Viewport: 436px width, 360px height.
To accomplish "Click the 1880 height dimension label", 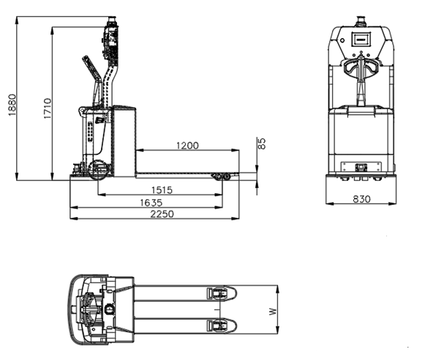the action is (x=12, y=105).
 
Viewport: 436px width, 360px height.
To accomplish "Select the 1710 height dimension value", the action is (x=48, y=108).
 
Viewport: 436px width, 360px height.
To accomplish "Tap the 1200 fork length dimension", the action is (x=188, y=146).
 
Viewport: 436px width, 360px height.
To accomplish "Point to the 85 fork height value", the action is (x=262, y=144).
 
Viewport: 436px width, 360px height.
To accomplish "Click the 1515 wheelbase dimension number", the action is (x=162, y=190).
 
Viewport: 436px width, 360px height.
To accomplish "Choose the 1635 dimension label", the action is (x=151, y=203).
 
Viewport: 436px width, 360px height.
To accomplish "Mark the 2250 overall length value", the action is (x=162, y=214).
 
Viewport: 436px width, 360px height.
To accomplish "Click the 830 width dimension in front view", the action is (x=361, y=199).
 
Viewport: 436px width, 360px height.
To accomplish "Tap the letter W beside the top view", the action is (x=274, y=311).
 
